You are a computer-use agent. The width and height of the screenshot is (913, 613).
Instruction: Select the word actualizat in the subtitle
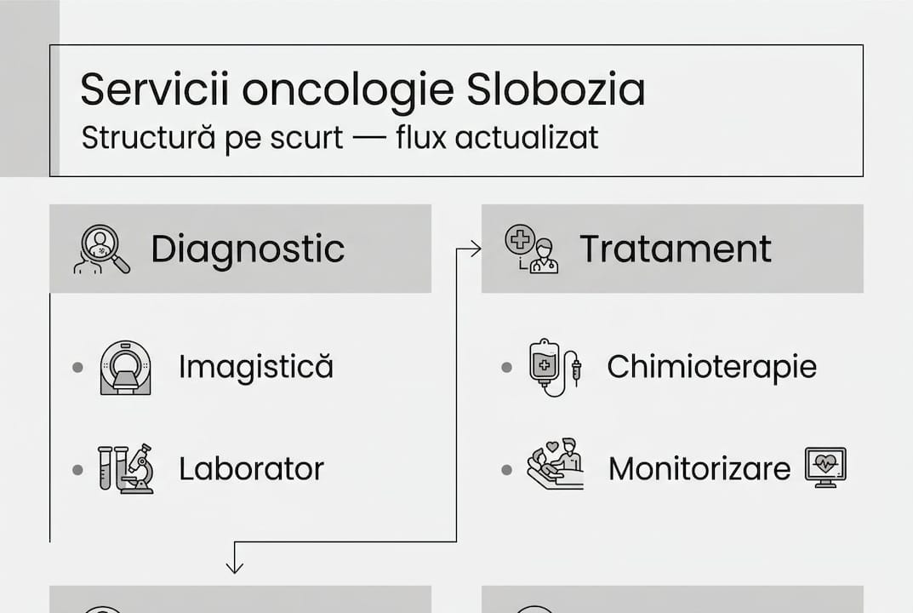point(527,137)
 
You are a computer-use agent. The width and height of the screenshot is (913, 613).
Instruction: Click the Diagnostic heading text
point(248,249)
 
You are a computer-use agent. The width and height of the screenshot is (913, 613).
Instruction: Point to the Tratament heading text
point(676,249)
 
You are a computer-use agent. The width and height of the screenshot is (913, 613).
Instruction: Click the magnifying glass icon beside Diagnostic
point(101,249)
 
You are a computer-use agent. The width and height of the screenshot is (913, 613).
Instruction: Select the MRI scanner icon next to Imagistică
point(125,368)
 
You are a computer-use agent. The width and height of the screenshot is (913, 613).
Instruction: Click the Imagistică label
point(255,367)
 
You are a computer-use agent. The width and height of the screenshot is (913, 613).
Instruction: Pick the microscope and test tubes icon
point(125,469)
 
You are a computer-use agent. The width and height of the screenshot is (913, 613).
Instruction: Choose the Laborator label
point(251,469)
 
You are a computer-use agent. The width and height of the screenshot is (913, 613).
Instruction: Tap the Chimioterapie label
point(711,367)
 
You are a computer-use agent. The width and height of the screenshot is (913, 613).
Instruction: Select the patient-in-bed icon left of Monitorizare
point(556,465)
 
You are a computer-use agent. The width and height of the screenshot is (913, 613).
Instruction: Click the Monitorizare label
point(699,469)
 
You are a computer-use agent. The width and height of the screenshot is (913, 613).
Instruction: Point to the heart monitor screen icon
point(825,467)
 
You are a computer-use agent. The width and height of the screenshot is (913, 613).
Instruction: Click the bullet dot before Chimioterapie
point(507,368)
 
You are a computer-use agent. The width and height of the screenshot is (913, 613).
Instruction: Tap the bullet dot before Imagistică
point(78,368)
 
